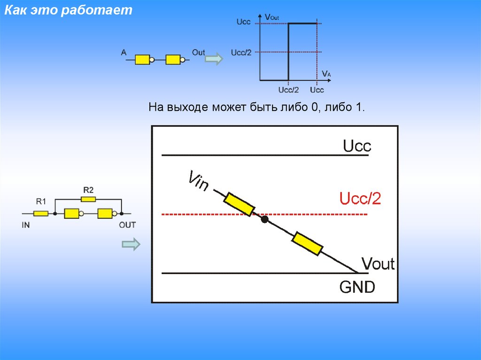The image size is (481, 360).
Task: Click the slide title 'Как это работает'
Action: coord(69,11)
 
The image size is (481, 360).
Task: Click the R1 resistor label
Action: coord(41,202)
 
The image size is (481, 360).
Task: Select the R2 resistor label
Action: coord(88,190)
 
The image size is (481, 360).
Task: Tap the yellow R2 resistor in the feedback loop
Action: coord(88,199)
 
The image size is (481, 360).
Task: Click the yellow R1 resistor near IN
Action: coord(41,214)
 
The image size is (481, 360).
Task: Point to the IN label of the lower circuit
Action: coord(26,225)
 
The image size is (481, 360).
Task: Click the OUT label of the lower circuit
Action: coord(127,225)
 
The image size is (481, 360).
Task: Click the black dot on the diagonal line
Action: coord(265,219)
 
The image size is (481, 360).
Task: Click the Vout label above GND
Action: coord(378,264)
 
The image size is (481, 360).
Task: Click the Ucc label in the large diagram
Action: coord(357,146)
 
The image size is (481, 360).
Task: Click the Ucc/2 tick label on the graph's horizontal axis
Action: coord(288,90)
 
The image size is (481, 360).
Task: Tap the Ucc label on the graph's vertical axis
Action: coord(243,23)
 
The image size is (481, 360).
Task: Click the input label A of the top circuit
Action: coord(124,53)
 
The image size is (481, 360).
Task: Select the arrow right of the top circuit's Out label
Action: coord(214,59)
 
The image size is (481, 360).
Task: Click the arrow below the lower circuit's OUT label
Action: coord(131,244)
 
